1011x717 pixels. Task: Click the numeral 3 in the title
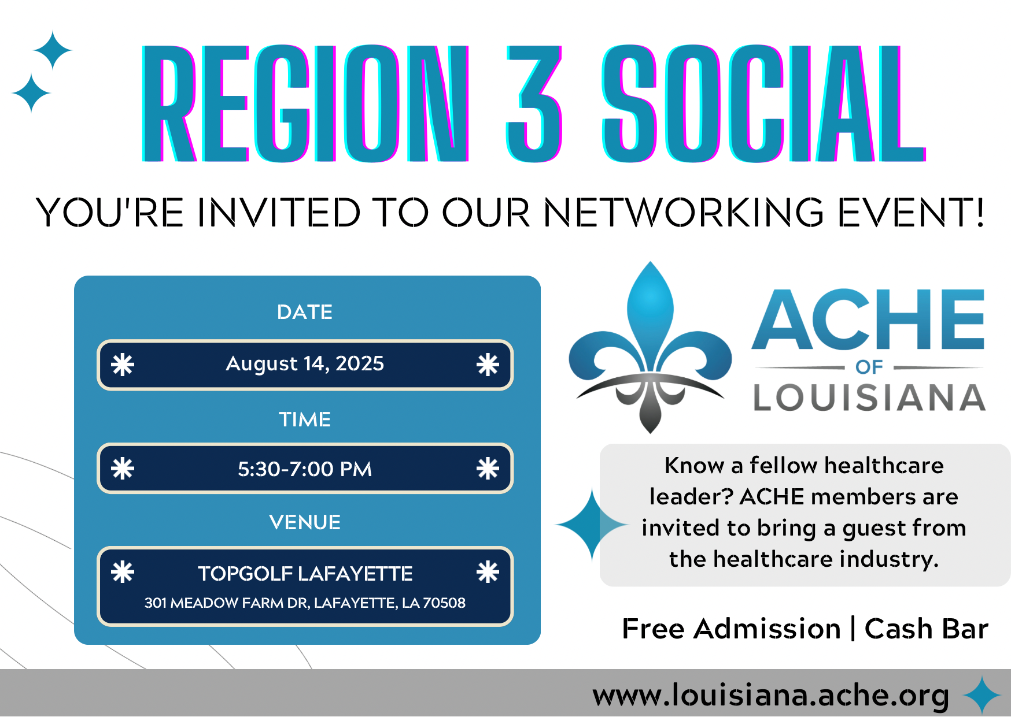[534, 103]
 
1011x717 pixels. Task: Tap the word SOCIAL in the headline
[763, 103]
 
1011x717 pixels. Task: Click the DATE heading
[305, 312]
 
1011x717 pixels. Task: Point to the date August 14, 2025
[305, 364]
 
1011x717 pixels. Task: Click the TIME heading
[305, 419]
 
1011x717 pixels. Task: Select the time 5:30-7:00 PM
[305, 469]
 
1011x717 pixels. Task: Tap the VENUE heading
[305, 522]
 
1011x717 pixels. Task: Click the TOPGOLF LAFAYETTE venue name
[305, 574]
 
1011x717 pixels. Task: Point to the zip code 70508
[444, 603]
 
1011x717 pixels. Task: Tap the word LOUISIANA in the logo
[869, 398]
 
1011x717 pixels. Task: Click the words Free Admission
[732, 629]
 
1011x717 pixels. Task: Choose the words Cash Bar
[927, 629]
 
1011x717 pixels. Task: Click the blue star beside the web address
[982, 695]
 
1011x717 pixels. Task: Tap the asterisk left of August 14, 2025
[123, 365]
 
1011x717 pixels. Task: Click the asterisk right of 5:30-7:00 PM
[488, 469]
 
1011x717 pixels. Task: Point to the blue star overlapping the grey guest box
[592, 525]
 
